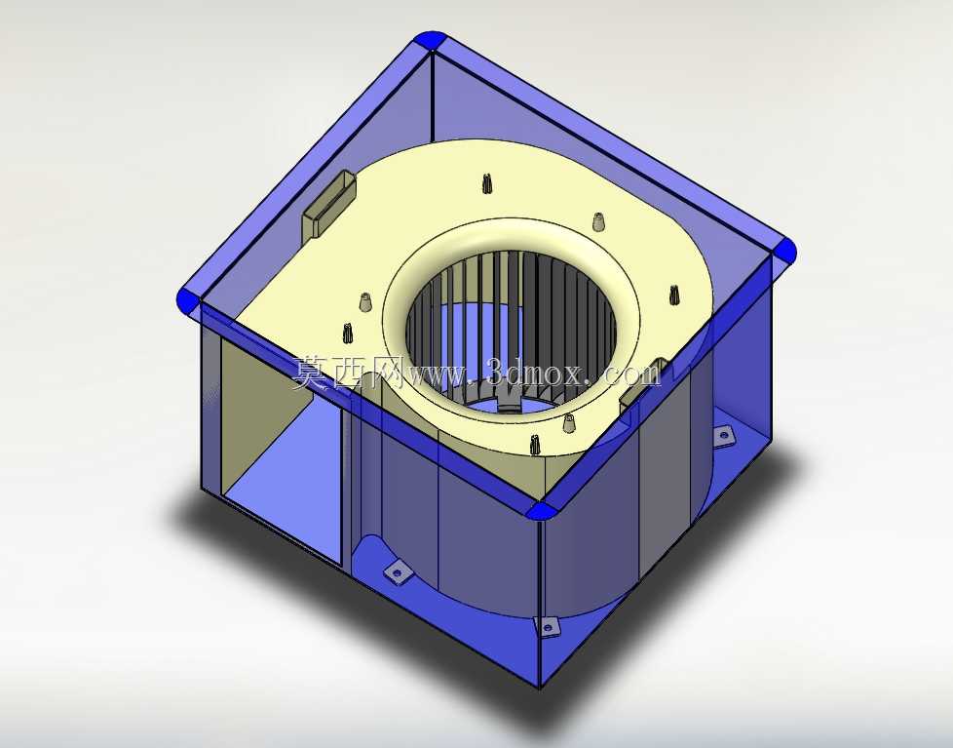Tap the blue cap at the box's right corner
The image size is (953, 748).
coord(784,250)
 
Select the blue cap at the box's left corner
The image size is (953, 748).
coord(188,300)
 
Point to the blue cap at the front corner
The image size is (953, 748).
coord(541,511)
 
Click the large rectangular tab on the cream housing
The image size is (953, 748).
coord(328,205)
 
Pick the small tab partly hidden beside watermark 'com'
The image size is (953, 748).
coord(643,383)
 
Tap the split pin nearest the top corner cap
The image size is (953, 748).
coord(486,183)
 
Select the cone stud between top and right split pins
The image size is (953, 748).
coord(598,221)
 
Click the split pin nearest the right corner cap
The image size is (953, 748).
coord(674,295)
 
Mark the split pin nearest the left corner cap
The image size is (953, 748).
coord(348,333)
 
